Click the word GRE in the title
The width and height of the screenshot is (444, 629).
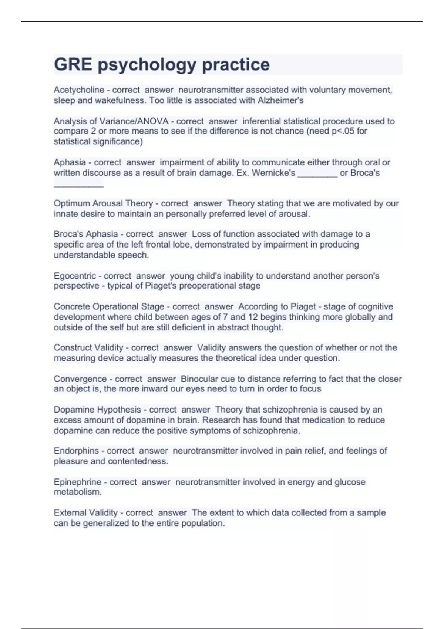pyautogui.click(x=73, y=65)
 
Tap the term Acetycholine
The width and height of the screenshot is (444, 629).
pyautogui.click(x=79, y=90)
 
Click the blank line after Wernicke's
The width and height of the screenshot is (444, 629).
pyautogui.click(x=317, y=173)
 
